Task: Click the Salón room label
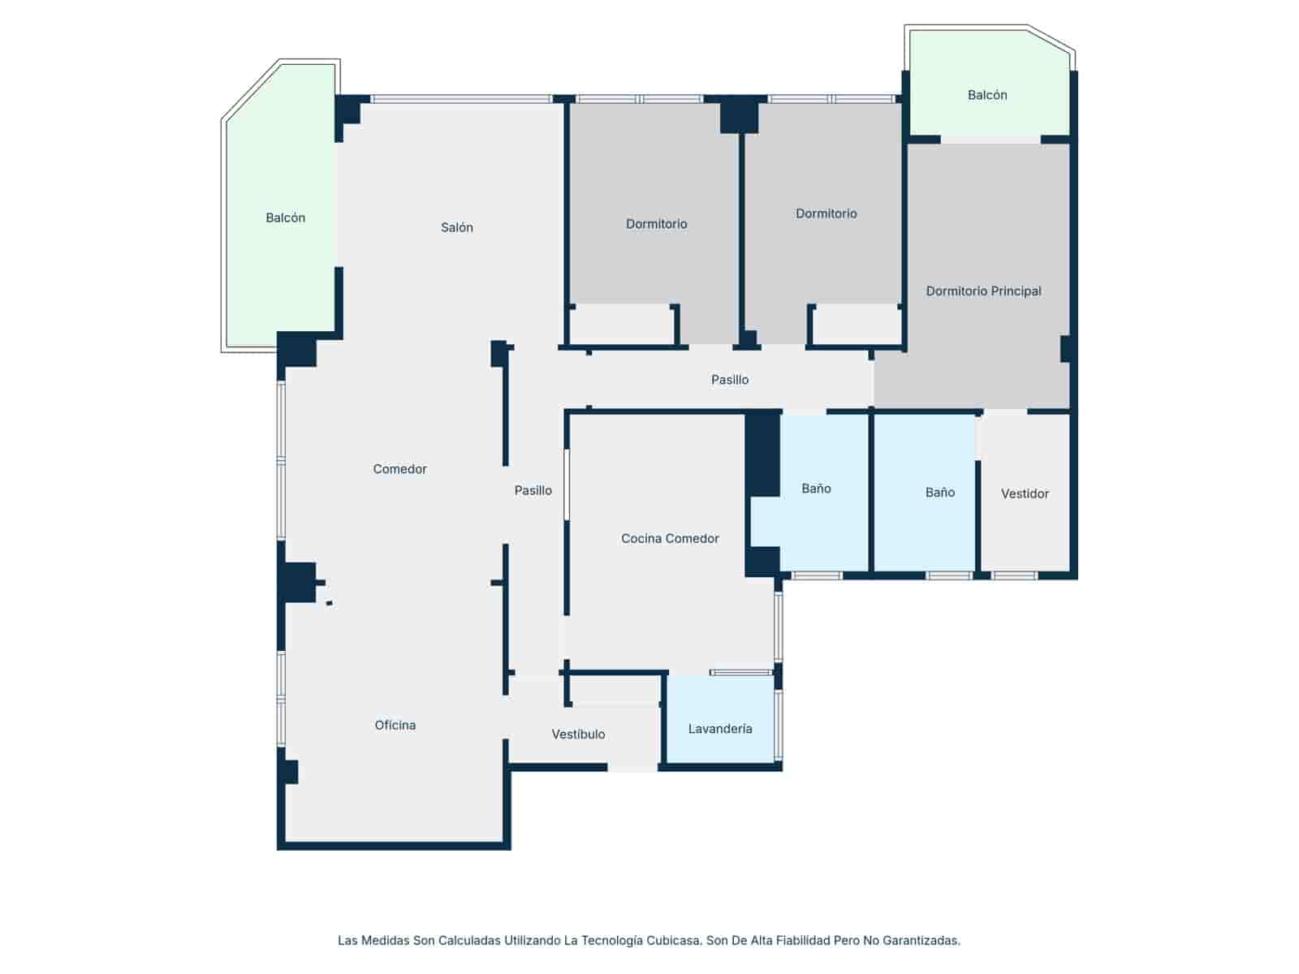pos(456,227)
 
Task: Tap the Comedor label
pos(399,469)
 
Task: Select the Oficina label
pos(395,725)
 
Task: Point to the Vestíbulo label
pos(578,734)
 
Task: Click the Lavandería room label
pos(719,729)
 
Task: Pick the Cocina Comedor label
pos(669,538)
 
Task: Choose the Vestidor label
pos(1025,493)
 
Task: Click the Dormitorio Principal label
pos(983,291)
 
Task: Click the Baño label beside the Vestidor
pos(940,492)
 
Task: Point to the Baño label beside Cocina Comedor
pos(816,489)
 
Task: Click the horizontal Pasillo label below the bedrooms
pos(730,380)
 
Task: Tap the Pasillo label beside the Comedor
pos(533,490)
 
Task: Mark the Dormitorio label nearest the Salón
pos(656,223)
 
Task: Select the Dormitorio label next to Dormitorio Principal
pos(826,213)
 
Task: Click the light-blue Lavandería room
pos(720,719)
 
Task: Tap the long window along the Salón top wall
pos(462,99)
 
